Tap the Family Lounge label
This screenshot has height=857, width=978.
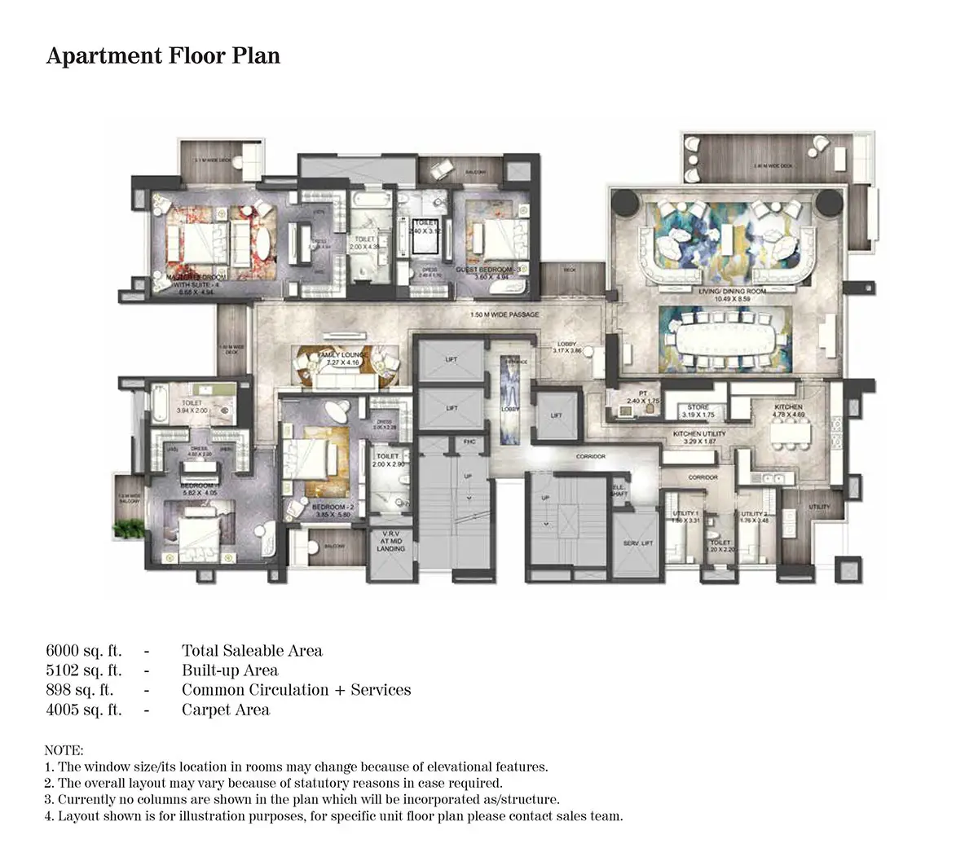pyautogui.click(x=345, y=356)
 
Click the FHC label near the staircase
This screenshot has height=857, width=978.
pyautogui.click(x=469, y=442)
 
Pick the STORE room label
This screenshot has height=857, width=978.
pyautogui.click(x=698, y=407)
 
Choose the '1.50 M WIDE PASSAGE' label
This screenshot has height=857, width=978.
pyautogui.click(x=505, y=314)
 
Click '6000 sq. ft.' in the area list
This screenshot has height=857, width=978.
pyautogui.click(x=84, y=650)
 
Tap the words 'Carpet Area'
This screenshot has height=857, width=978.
pyautogui.click(x=226, y=710)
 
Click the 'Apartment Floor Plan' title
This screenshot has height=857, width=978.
pyautogui.click(x=163, y=55)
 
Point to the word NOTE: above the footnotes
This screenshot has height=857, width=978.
pyautogui.click(x=64, y=749)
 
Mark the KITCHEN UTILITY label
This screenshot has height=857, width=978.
pyautogui.click(x=698, y=433)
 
